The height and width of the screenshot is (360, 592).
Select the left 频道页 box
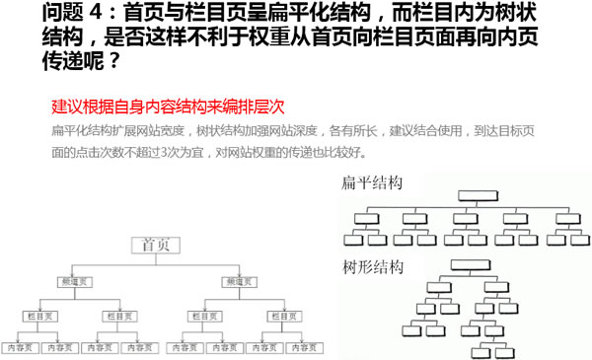click(x=75, y=282)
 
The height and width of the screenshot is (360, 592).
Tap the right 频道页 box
click(x=238, y=282)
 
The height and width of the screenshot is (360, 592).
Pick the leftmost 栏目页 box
click(x=39, y=316)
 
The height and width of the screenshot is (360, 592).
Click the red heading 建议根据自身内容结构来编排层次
click(x=168, y=108)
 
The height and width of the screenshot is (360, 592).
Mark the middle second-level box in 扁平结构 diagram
click(x=463, y=216)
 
